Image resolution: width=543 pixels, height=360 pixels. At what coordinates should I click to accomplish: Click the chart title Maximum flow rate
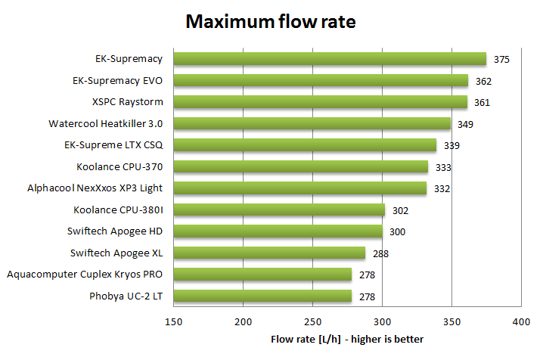(x=271, y=23)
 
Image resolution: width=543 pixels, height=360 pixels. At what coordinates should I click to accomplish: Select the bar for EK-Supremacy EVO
(x=321, y=80)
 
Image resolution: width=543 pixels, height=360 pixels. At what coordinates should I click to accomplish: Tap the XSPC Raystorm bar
(x=320, y=102)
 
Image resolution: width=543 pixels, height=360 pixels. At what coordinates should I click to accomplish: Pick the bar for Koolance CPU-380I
(x=279, y=209)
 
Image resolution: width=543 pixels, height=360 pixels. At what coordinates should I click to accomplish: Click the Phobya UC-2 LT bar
(x=262, y=296)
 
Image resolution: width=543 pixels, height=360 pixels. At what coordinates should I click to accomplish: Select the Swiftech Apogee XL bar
(x=269, y=253)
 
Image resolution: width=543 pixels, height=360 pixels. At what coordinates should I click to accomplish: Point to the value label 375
(x=501, y=59)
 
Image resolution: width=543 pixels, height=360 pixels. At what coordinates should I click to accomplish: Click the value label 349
(x=465, y=123)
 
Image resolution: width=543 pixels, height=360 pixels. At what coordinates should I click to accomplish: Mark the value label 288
(x=380, y=253)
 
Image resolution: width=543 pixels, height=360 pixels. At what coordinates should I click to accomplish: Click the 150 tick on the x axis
(x=174, y=322)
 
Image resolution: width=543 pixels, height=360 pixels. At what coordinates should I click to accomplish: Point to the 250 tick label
(x=313, y=322)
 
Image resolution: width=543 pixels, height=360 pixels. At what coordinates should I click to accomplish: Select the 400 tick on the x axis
(x=521, y=322)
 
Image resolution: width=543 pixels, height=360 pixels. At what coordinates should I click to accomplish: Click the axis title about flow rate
(x=347, y=339)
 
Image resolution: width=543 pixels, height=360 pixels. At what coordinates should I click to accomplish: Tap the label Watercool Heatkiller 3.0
(x=105, y=123)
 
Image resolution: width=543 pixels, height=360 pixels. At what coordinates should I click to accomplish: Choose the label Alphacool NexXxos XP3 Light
(x=95, y=188)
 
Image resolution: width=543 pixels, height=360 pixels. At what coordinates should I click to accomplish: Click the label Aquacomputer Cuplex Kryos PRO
(x=85, y=274)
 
